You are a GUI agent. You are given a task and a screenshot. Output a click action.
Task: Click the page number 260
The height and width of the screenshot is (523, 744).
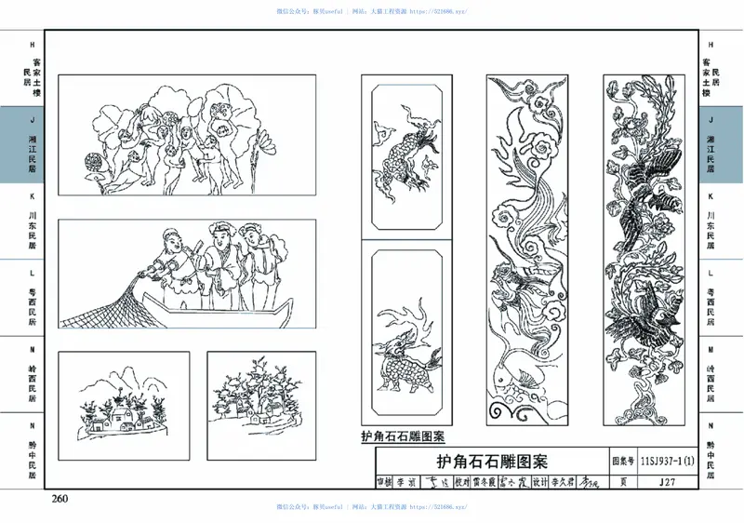(x=60, y=500)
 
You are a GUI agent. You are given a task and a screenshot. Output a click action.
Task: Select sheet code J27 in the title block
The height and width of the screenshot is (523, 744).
(x=667, y=482)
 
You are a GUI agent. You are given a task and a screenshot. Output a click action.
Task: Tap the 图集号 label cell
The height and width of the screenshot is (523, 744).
(x=623, y=460)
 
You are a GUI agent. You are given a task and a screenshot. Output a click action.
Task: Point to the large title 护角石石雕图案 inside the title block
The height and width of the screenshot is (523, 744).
(x=492, y=461)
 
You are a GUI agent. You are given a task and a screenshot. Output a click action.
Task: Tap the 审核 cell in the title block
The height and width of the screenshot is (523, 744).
(x=383, y=482)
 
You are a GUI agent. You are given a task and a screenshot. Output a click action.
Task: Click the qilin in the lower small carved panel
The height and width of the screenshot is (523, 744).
(x=400, y=358)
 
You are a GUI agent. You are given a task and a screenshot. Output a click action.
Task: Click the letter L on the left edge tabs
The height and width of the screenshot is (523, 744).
(x=33, y=274)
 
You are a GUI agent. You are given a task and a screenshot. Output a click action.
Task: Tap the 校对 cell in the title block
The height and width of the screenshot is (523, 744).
(x=462, y=482)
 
